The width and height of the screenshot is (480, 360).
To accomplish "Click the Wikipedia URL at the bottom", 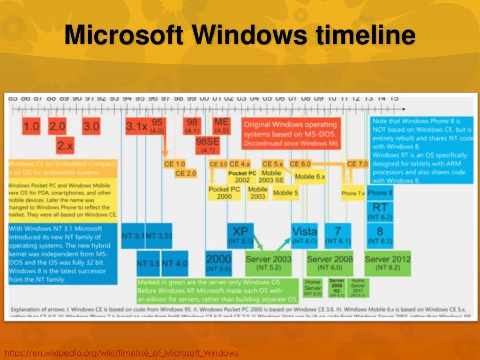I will pyautogui.click(x=121, y=352).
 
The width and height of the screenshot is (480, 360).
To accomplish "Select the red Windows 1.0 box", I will pyautogui.click(x=31, y=127).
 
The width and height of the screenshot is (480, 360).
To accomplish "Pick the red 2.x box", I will pyautogui.click(x=65, y=145).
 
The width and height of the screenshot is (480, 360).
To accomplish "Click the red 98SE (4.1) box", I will pyautogui.click(x=208, y=145).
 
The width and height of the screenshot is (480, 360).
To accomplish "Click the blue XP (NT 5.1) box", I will pyautogui.click(x=240, y=234).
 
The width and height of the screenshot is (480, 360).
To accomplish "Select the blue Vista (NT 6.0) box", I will pyautogui.click(x=304, y=234).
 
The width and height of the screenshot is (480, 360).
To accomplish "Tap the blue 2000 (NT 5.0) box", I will pyautogui.click(x=218, y=263).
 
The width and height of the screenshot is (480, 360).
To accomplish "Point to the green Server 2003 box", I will pyautogui.click(x=268, y=262).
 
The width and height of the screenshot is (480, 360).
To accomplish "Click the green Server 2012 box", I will pyautogui.click(x=387, y=262).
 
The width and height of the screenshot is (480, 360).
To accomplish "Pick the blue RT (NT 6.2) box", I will pyautogui.click(x=380, y=211).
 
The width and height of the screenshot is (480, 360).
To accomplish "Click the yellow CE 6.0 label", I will pyautogui.click(x=300, y=164).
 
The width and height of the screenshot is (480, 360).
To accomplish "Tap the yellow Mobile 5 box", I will pyautogui.click(x=285, y=193).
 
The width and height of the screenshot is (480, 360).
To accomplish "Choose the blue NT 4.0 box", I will pyautogui.click(x=175, y=263).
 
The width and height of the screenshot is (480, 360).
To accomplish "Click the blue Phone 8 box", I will pyautogui.click(x=380, y=193).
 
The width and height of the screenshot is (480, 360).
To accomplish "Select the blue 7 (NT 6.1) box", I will pyautogui.click(x=338, y=234).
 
